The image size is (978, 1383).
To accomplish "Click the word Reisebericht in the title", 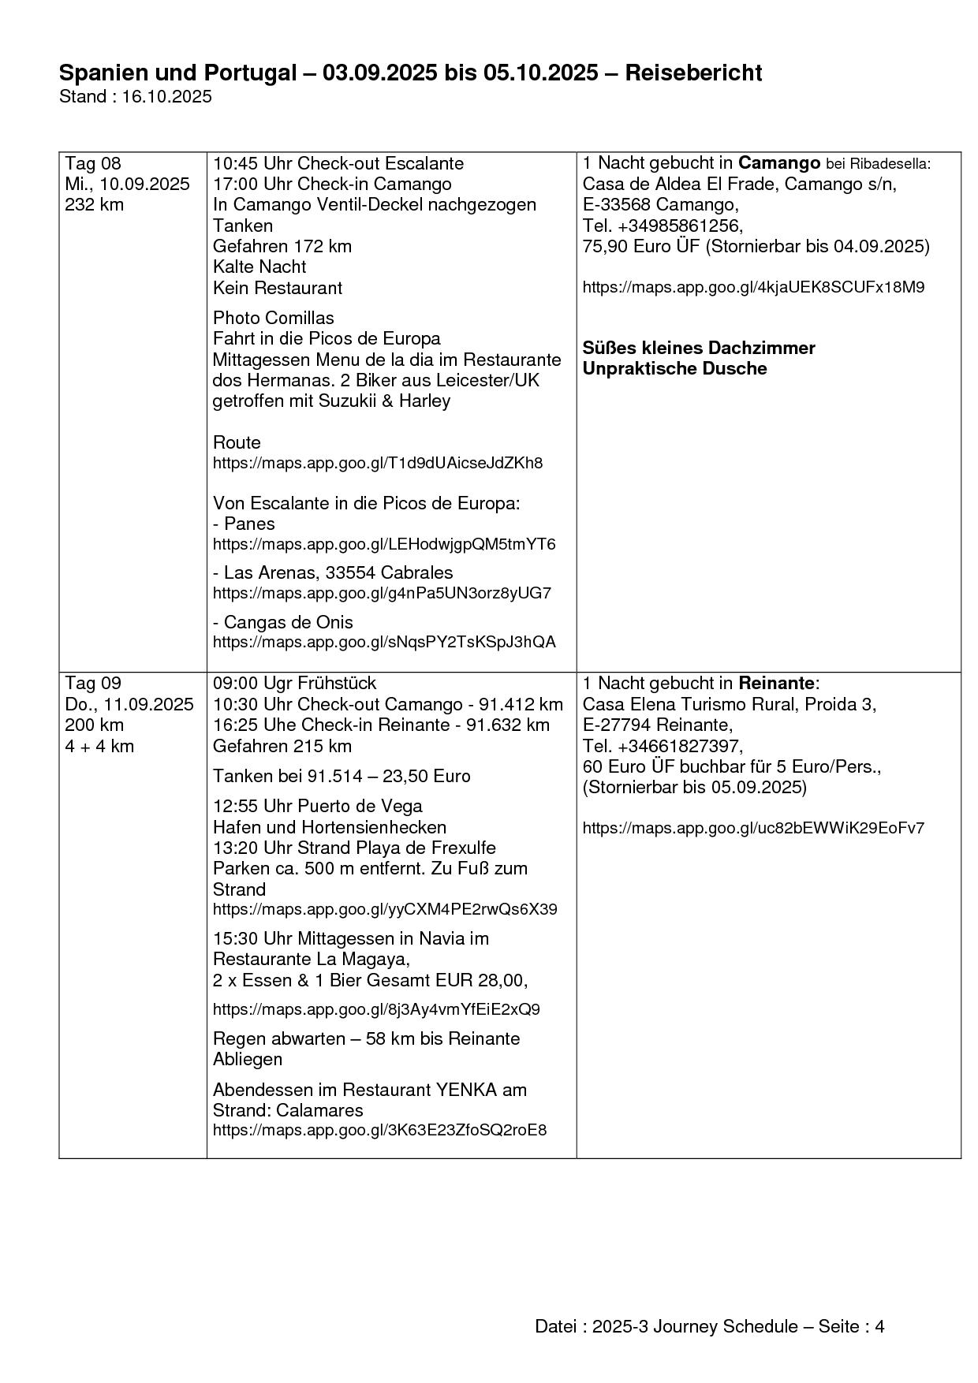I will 693,73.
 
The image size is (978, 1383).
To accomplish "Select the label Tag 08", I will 93,164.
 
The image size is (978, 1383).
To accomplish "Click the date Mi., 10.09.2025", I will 127,185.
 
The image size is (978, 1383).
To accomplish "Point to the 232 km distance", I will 94,205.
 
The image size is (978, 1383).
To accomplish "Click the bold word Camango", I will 778,164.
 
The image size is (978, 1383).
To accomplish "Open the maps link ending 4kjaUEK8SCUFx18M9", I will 753,287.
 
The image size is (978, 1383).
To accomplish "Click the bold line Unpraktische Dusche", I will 674,369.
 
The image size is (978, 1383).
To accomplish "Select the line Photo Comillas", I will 273,318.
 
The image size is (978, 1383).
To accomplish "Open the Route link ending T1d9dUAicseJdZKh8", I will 378,463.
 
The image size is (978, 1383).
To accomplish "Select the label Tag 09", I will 93,684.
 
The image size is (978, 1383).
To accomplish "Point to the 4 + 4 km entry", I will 99,746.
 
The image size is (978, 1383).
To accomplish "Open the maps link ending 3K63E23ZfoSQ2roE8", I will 379,1130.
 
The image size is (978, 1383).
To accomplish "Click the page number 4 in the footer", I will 879,1326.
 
